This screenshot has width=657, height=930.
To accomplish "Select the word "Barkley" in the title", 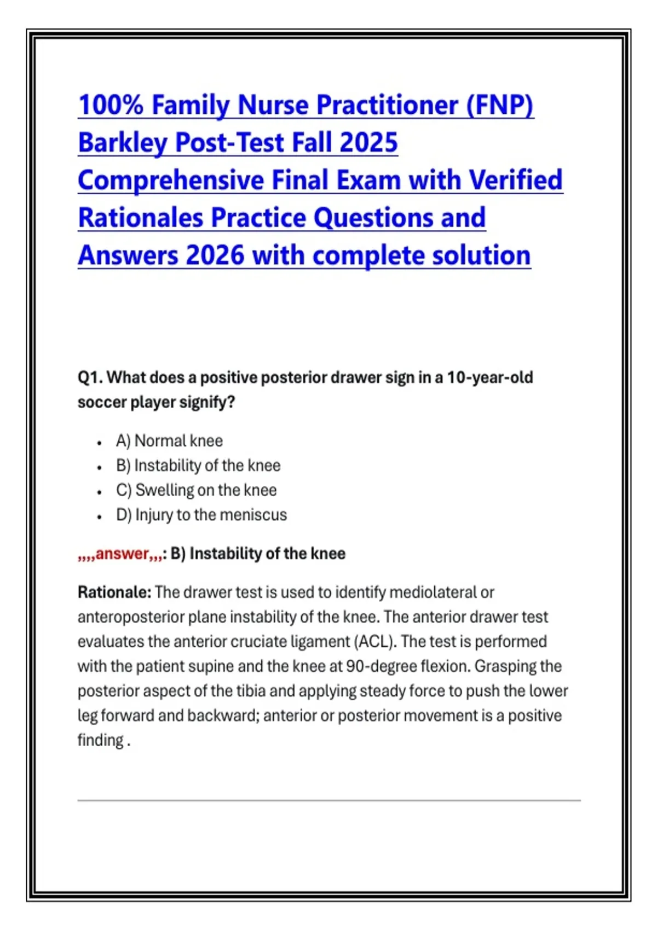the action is [123, 142].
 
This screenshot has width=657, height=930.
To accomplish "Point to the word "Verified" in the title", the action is [516, 179].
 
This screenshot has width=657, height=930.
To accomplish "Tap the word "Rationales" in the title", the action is [141, 217].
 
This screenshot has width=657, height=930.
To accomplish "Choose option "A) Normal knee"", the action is [170, 440].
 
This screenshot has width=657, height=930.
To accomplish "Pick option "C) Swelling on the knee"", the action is [197, 490].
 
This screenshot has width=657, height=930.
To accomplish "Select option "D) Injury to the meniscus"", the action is [201, 515].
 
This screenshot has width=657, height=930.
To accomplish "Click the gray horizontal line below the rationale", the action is [329, 800].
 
